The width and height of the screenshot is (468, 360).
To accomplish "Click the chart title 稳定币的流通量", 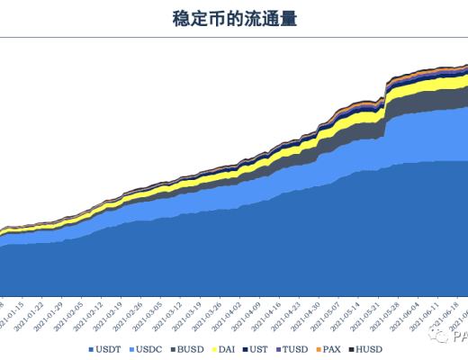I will (234, 17).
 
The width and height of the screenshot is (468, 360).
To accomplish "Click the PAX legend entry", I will (328, 348).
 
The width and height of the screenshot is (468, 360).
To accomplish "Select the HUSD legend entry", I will (366, 348).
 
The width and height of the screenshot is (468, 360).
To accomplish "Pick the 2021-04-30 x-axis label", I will (311, 316).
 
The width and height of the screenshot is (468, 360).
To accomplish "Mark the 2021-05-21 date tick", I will (370, 316).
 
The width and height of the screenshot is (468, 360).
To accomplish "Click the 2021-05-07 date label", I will (331, 316).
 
